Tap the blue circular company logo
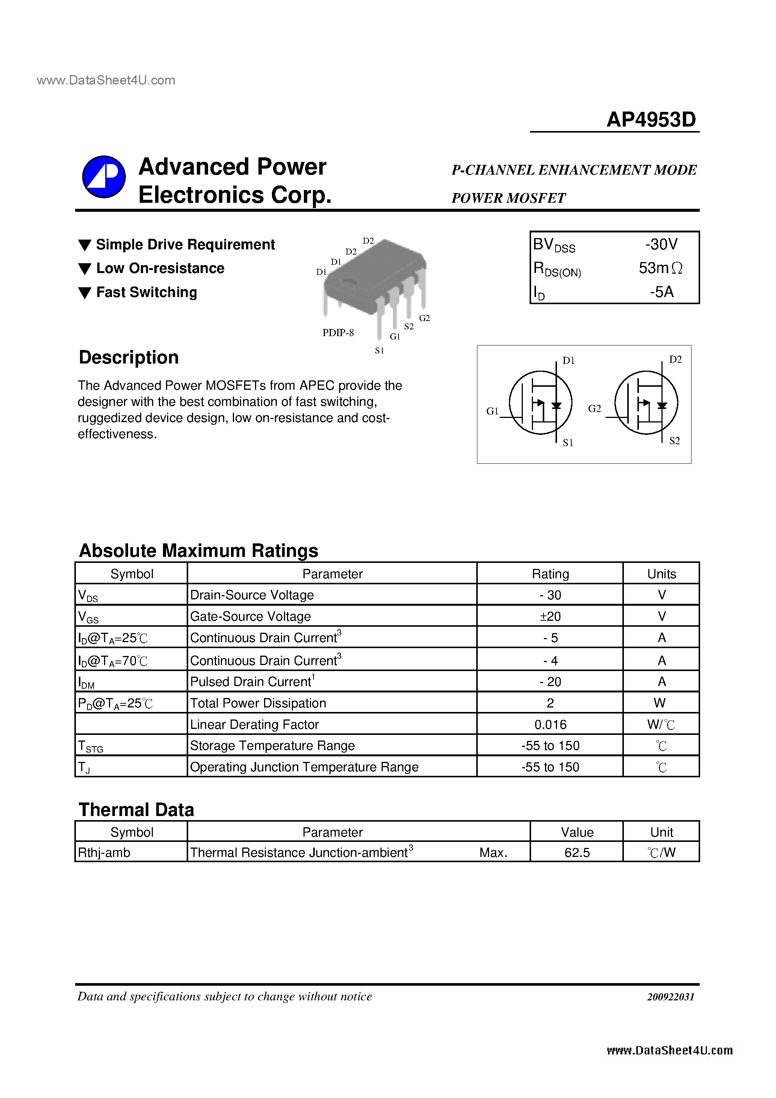(x=104, y=176)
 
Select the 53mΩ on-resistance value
(x=660, y=268)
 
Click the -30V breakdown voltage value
(x=661, y=244)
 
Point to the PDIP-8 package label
(x=338, y=333)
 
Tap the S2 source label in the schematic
(x=674, y=441)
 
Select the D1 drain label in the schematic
(x=568, y=360)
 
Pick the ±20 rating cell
(x=550, y=617)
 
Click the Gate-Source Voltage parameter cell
(x=250, y=617)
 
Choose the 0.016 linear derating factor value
(x=550, y=724)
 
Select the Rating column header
(x=550, y=574)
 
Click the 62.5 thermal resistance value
(x=577, y=853)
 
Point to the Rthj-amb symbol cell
(x=104, y=853)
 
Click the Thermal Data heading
(x=136, y=810)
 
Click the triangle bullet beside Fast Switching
(x=85, y=293)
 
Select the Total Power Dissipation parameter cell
(x=258, y=703)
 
